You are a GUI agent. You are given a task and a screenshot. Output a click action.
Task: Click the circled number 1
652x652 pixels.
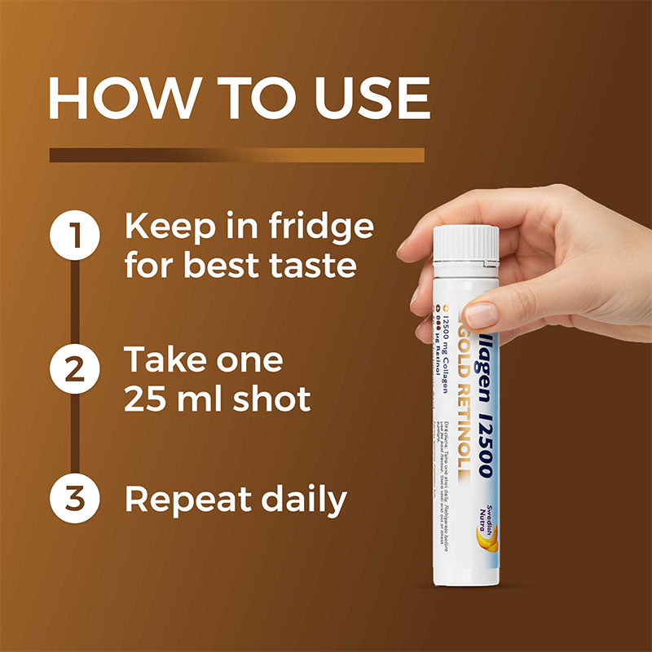(74, 236)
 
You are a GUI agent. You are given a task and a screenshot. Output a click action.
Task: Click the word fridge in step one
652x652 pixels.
(325, 227)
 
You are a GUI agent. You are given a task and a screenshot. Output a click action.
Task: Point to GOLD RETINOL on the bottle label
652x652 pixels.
(468, 391)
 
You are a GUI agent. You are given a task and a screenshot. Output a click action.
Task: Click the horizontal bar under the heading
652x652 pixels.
(236, 155)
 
